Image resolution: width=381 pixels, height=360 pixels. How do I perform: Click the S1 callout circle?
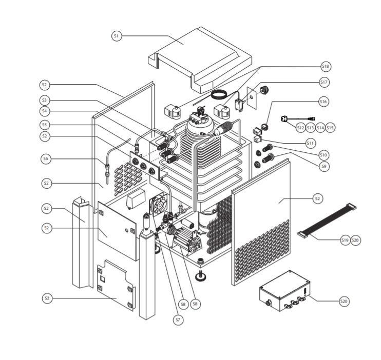click(x=117, y=36)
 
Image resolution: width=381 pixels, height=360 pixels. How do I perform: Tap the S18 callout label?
click(x=326, y=67)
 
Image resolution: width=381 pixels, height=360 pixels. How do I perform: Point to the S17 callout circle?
click(x=324, y=82)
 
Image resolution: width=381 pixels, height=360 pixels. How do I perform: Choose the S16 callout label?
click(x=323, y=102)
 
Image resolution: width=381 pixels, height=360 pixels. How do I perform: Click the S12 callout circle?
click(x=300, y=127)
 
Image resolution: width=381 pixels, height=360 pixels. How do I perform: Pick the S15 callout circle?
click(x=330, y=127)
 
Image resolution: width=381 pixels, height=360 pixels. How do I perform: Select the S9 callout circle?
click(x=323, y=166)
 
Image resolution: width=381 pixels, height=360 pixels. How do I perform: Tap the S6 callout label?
click(x=46, y=159)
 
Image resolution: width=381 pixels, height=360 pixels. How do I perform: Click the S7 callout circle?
click(x=178, y=319)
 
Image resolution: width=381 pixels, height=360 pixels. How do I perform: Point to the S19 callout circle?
click(x=345, y=240)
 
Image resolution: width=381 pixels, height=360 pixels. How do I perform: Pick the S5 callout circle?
click(x=46, y=125)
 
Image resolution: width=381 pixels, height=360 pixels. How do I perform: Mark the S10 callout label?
click(x=323, y=154)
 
